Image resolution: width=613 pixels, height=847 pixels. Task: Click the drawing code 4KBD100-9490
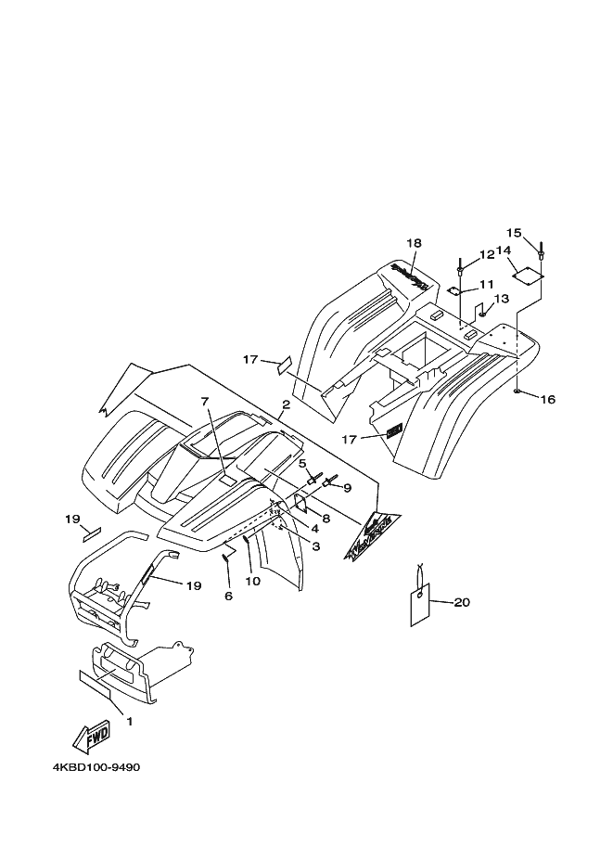point(96,769)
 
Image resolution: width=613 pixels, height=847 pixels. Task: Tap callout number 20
point(462,603)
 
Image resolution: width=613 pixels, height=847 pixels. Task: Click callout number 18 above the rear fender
point(413,243)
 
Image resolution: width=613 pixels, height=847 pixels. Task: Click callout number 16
point(547,400)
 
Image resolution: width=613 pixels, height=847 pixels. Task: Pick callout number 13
point(501,299)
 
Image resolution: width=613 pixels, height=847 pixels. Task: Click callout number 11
point(487,284)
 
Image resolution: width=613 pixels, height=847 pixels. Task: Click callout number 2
point(287,405)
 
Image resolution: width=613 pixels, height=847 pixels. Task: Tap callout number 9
point(347,488)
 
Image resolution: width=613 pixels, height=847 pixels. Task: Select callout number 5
point(302,463)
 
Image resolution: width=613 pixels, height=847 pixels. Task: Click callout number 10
point(252,582)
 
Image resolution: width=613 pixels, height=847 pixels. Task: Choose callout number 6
point(228,596)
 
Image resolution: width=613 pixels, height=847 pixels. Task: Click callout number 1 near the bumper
point(130,721)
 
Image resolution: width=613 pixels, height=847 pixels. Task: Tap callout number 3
point(315,547)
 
